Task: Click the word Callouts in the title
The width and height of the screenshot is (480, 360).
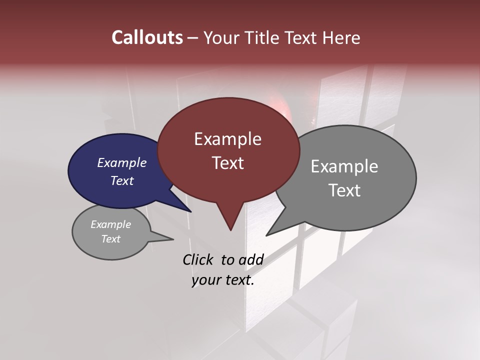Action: tap(147, 37)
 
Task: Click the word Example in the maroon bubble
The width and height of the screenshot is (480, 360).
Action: tap(227, 139)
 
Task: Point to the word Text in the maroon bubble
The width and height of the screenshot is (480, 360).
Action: tap(227, 163)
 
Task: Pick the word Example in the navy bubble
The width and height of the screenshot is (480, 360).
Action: tap(122, 162)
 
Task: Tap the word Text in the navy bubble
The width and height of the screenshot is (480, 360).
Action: tap(122, 180)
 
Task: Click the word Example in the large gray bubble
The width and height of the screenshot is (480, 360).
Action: tap(344, 166)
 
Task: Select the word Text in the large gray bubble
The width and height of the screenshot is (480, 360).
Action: tap(344, 190)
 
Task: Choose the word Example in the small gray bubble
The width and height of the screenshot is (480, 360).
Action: tap(111, 224)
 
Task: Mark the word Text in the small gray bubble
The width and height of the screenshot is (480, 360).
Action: tap(111, 239)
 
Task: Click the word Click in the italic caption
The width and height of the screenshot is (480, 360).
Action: tap(198, 259)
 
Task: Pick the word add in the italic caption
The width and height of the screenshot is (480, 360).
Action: tap(251, 259)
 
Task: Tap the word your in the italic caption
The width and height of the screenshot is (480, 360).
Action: tap(205, 280)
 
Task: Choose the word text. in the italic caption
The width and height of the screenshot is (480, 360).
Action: tap(238, 280)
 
